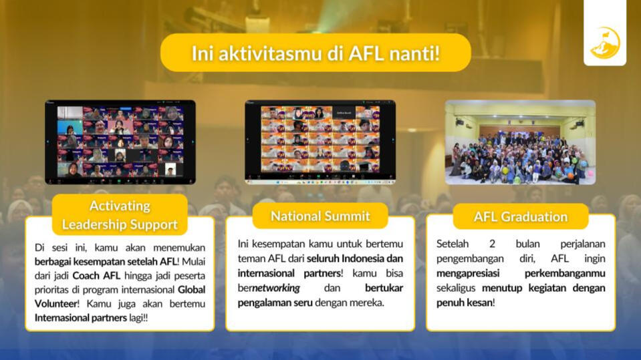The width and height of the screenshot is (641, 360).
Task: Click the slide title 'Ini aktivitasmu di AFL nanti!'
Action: [x=315, y=53]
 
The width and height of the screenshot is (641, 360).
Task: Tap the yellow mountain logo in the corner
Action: [x=605, y=43]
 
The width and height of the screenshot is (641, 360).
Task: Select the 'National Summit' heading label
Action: [x=320, y=216]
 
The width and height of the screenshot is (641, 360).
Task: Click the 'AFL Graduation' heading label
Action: [x=521, y=216]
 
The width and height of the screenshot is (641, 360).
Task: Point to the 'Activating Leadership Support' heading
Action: [x=120, y=215]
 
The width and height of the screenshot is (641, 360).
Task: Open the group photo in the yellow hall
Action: [x=520, y=142]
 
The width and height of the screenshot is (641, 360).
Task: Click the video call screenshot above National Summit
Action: [x=320, y=142]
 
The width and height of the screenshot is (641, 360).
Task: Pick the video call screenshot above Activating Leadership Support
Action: [x=120, y=142]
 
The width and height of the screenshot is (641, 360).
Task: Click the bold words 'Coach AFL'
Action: [x=96, y=276]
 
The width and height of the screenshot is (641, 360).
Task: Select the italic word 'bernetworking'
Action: [x=269, y=288]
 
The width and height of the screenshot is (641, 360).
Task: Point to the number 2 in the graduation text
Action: [x=492, y=244]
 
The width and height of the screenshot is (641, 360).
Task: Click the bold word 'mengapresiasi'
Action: [x=468, y=273]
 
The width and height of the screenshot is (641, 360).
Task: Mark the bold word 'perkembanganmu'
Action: [x=565, y=273]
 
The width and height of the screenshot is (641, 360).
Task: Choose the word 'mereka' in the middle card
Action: [x=369, y=303]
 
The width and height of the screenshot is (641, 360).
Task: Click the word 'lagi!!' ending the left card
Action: [x=138, y=318]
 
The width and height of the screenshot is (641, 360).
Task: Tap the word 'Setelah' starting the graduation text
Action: [x=452, y=244]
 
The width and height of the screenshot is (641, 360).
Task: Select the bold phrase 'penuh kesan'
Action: [x=464, y=303]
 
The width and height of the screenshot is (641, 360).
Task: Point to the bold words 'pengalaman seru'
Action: [x=275, y=303]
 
